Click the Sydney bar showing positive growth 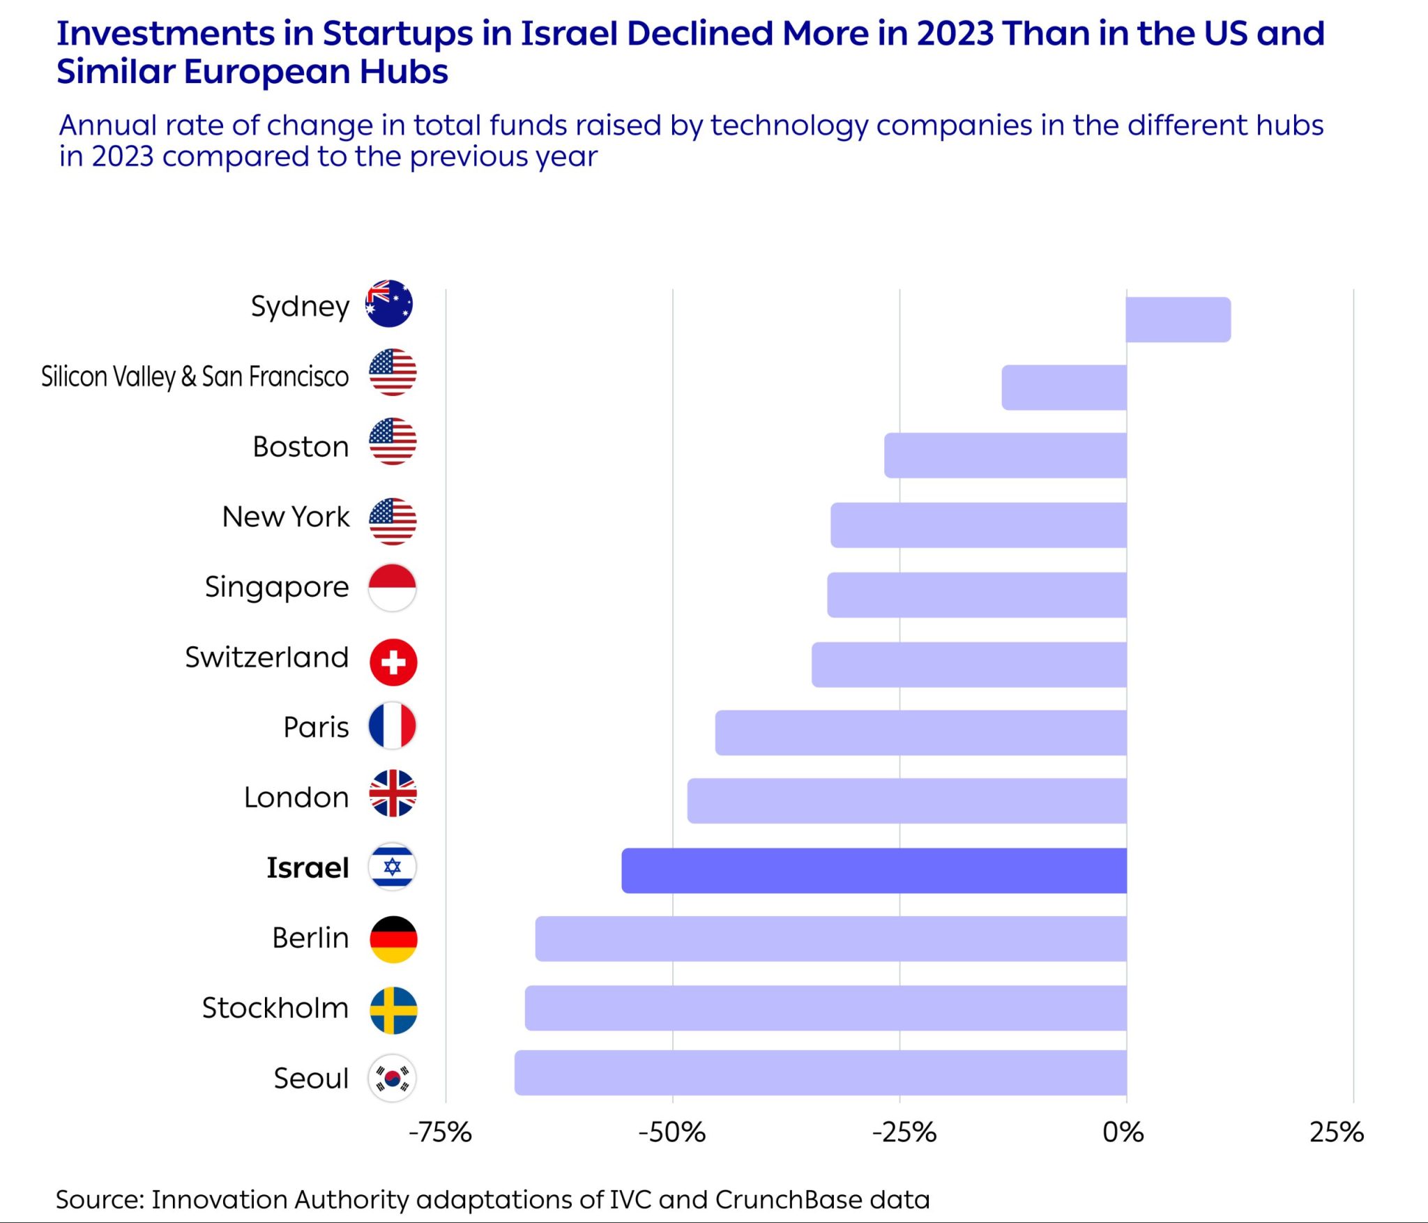coord(1178,319)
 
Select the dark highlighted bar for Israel coord(874,870)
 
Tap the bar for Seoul coord(820,1072)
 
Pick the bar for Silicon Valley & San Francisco coord(1064,387)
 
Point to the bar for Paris coord(920,732)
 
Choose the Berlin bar coord(830,939)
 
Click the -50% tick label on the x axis coord(671,1132)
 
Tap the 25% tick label coord(1336,1132)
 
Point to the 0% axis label coord(1123,1132)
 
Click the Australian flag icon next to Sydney coord(389,303)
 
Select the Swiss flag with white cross coord(393,662)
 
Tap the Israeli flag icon coord(393,867)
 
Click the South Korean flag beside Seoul coord(393,1077)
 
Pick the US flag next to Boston coord(393,441)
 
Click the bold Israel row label coord(307,868)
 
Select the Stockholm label coord(275,1008)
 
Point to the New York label coord(286,517)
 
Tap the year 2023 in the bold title coord(955,33)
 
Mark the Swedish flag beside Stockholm coord(393,1010)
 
